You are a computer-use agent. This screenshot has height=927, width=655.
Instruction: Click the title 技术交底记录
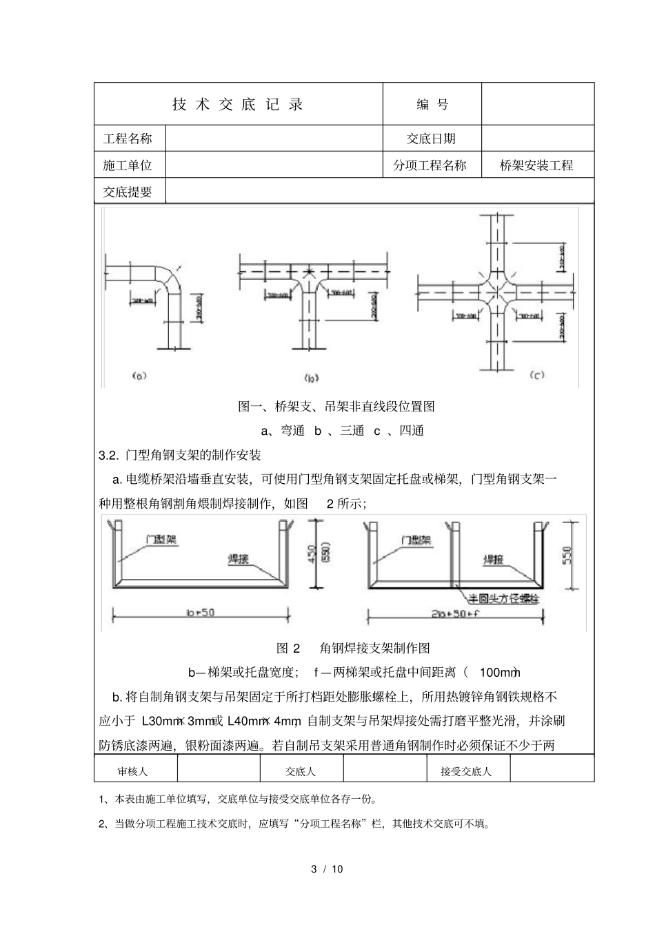(x=238, y=104)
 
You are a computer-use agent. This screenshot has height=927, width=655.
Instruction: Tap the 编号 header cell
(x=432, y=104)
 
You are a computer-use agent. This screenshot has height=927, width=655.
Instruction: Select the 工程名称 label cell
(x=128, y=139)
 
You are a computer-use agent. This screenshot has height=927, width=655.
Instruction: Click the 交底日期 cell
(x=432, y=139)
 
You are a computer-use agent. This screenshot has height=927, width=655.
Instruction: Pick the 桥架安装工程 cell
(x=537, y=165)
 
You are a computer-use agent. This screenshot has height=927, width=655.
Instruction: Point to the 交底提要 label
(x=128, y=192)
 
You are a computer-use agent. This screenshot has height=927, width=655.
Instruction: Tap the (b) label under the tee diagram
(x=311, y=378)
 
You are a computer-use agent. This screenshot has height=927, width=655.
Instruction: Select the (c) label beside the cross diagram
(x=536, y=375)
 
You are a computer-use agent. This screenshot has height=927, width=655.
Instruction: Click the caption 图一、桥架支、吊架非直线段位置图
(x=336, y=407)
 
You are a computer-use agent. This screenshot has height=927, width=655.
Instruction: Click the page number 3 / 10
(x=327, y=868)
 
